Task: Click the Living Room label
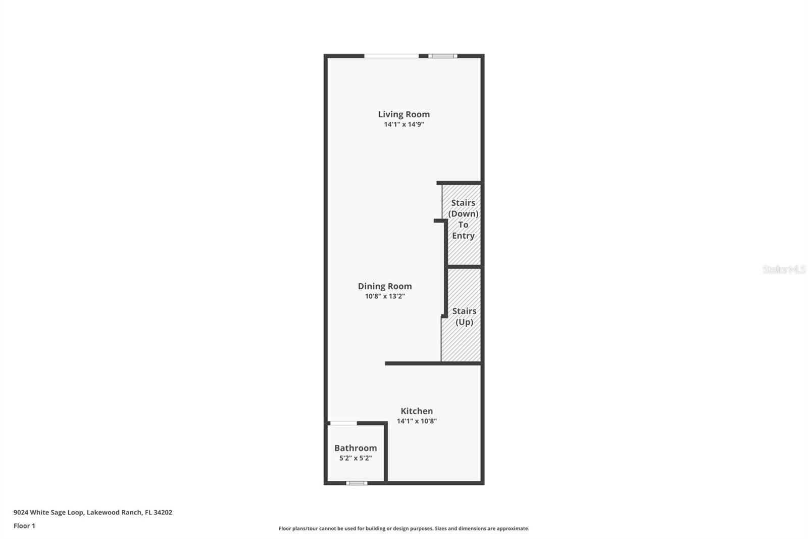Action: [403, 114]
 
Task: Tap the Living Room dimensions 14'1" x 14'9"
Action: [403, 124]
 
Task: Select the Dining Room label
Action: [385, 286]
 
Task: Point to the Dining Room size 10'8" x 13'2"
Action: [385, 296]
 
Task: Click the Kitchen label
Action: [417, 411]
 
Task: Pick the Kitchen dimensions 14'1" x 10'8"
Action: [417, 421]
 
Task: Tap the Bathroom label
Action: [356, 448]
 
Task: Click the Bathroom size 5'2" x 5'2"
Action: [356, 458]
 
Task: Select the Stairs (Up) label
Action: [464, 317]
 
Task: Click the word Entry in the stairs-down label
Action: [463, 236]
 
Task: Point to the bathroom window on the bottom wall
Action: [357, 483]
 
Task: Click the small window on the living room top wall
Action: [443, 56]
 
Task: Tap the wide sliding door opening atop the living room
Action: [391, 56]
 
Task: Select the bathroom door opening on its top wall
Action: [343, 423]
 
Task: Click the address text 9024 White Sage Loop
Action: [48, 512]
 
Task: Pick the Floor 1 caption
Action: [24, 526]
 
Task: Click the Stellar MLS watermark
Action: [784, 269]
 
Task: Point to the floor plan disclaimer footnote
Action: [404, 528]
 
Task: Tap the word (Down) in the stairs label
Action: [463, 214]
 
